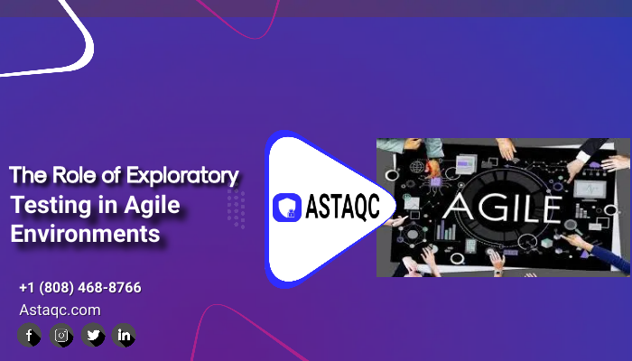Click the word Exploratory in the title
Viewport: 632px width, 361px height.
pyautogui.click(x=182, y=176)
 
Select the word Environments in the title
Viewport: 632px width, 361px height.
pyautogui.click(x=85, y=234)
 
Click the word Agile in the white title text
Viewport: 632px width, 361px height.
pyautogui.click(x=152, y=206)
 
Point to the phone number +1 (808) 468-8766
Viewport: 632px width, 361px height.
pyautogui.click(x=80, y=288)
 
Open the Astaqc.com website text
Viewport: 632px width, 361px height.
pyautogui.click(x=60, y=310)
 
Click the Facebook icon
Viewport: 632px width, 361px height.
pyautogui.click(x=30, y=335)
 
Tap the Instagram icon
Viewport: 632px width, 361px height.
pyautogui.click(x=61, y=335)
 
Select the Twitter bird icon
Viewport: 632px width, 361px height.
pyautogui.click(x=93, y=335)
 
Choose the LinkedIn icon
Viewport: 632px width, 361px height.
pyautogui.click(x=124, y=335)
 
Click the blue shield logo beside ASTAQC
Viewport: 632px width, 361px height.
pyautogui.click(x=287, y=208)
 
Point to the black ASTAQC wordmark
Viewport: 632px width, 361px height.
pyautogui.click(x=342, y=207)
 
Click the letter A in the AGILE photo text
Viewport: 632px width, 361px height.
pyautogui.click(x=459, y=208)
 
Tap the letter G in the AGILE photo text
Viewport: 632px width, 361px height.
pyautogui.click(x=491, y=208)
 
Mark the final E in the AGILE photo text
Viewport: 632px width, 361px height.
pyautogui.click(x=551, y=208)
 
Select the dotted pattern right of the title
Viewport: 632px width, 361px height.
pyautogui.click(x=237, y=208)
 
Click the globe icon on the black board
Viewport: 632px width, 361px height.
pyautogui.click(x=417, y=166)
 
